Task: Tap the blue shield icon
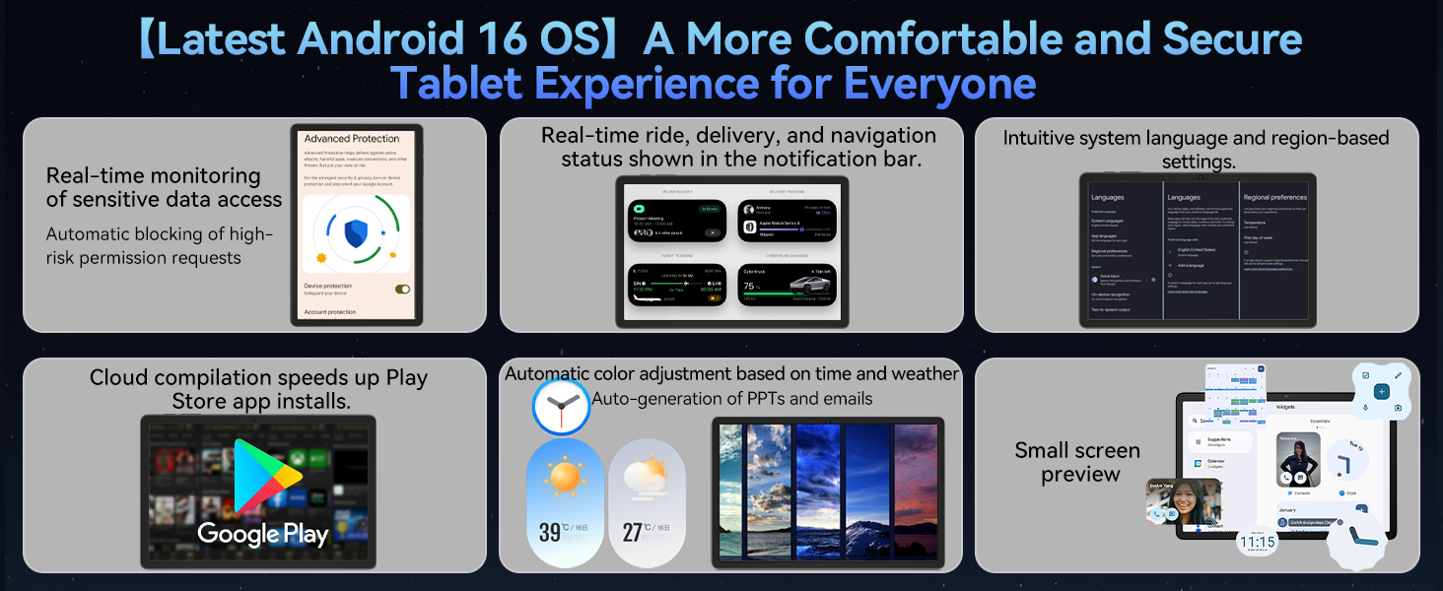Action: click(356, 233)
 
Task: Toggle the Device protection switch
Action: click(401, 289)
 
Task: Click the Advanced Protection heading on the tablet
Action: click(352, 139)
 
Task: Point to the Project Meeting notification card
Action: click(677, 221)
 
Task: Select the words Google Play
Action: click(262, 534)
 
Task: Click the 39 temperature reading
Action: click(550, 533)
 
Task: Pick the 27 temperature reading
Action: click(633, 533)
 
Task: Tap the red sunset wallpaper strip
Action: click(917, 492)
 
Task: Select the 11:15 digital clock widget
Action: click(1257, 542)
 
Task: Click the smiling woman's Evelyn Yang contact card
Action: click(1184, 501)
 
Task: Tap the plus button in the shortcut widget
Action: click(1381, 392)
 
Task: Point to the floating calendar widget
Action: click(1234, 394)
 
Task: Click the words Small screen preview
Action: click(1078, 462)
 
